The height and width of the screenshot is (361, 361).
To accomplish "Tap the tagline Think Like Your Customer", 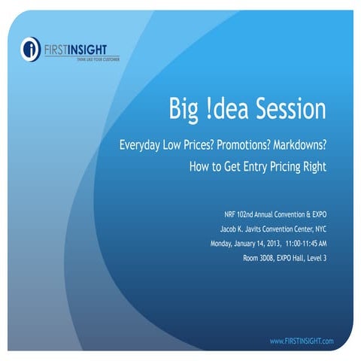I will click(93, 58).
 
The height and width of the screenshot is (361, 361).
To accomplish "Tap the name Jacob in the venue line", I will click(215, 226).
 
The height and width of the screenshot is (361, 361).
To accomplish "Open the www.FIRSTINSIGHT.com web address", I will click(301, 341).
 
